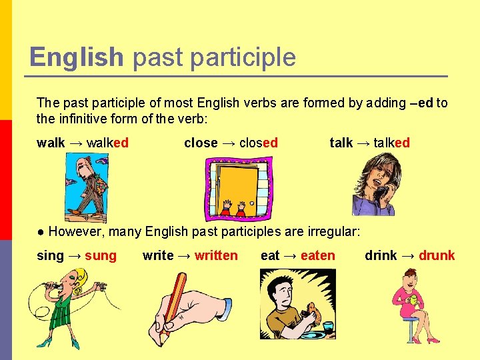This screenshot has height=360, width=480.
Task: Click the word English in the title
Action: (77, 57)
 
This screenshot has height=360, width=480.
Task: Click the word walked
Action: (107, 143)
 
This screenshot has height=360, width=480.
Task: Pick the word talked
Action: (392, 143)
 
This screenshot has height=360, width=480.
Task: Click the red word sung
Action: (101, 255)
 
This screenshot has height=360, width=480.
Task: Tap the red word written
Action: (216, 255)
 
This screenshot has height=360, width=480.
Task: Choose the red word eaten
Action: (318, 255)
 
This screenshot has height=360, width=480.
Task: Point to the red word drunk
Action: (437, 255)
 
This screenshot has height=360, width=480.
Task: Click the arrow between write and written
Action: (184, 255)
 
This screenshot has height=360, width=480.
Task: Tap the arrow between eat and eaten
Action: (290, 255)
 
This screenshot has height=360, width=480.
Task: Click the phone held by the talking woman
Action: (381, 194)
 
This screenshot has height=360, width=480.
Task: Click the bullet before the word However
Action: (41, 232)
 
